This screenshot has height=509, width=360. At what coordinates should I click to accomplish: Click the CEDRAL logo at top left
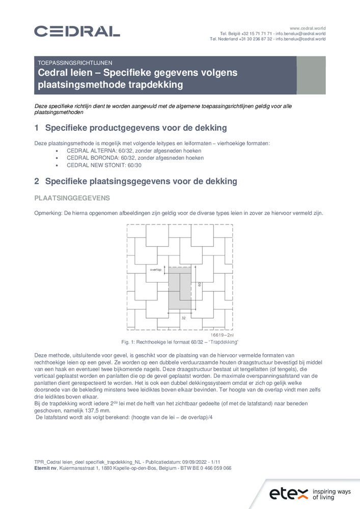(77, 32)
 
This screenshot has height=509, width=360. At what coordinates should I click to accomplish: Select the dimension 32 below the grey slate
(183, 318)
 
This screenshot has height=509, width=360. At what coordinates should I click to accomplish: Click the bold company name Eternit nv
(45, 468)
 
